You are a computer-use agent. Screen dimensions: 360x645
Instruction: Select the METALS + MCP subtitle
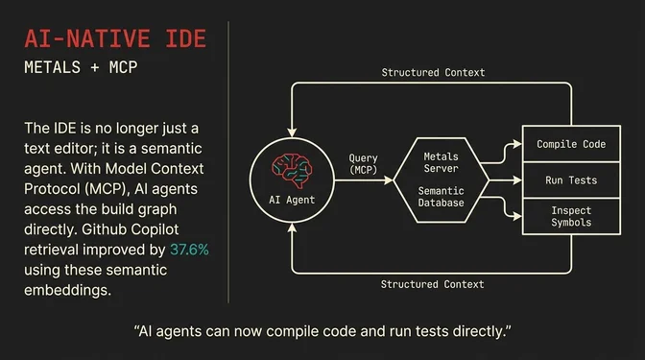pyautogui.click(x=88, y=70)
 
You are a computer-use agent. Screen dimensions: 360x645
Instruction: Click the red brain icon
pyautogui.click(x=290, y=168)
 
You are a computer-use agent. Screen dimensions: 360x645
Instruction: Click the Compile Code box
pyautogui.click(x=571, y=144)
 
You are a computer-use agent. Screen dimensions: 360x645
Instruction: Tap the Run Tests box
pyautogui.click(x=571, y=180)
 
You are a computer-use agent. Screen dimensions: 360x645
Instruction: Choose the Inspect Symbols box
pyautogui.click(x=571, y=216)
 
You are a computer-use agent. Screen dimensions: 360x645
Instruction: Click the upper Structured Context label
pyautogui.click(x=433, y=72)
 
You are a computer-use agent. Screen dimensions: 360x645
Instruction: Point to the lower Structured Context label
pyautogui.click(x=433, y=284)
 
